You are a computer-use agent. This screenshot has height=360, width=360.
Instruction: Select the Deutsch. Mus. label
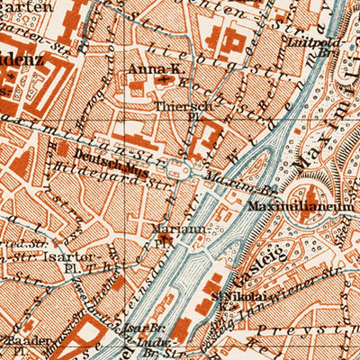pos(98,154)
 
